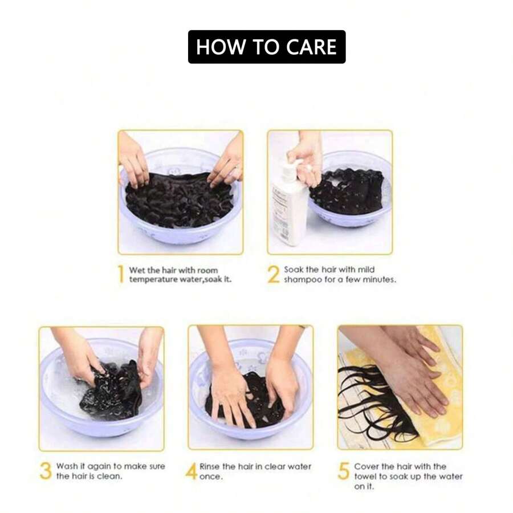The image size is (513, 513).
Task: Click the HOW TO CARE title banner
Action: click(267, 47)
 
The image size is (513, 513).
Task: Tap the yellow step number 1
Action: click(121, 274)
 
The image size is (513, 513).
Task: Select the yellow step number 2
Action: click(274, 274)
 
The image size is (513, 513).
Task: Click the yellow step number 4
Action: click(192, 471)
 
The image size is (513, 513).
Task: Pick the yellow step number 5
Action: click(344, 471)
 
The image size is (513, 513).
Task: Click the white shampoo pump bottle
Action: click(289, 199)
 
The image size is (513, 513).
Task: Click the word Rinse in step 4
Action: click(210, 466)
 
